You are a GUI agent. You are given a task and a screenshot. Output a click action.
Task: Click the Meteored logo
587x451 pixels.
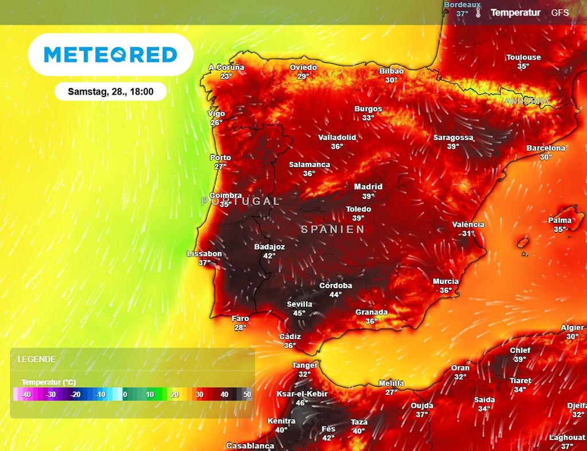(110, 55)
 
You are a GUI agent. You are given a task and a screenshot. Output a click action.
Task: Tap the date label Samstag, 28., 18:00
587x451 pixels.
(111, 91)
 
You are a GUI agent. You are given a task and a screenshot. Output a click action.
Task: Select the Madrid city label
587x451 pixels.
(368, 186)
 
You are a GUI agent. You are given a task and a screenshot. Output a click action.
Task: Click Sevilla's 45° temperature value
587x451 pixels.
(299, 313)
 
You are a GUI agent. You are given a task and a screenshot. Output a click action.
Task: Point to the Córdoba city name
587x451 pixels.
(336, 285)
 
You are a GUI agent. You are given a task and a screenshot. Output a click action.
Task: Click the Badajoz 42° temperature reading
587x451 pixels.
(269, 255)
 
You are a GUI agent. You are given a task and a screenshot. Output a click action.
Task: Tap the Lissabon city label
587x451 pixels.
(204, 254)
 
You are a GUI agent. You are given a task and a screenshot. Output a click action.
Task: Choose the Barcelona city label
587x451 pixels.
(546, 148)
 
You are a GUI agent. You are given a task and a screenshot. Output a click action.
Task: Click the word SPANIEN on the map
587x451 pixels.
(333, 229)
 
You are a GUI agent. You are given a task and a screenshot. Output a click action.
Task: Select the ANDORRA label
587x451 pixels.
(527, 101)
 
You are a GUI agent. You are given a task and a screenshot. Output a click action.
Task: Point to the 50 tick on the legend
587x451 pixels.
(247, 395)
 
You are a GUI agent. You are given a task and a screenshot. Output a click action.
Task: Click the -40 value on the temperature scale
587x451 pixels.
(26, 395)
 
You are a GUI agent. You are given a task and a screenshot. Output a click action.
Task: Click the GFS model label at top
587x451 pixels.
(560, 12)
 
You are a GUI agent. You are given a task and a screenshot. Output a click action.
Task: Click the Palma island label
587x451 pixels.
(559, 220)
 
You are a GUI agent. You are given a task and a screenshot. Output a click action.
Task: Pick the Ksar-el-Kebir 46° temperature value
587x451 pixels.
(302, 403)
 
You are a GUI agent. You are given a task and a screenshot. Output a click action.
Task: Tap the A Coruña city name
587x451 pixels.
(226, 67)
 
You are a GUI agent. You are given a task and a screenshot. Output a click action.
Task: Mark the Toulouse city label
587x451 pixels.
(523, 57)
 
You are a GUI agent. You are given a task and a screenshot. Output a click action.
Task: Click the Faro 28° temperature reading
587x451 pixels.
(240, 328)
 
